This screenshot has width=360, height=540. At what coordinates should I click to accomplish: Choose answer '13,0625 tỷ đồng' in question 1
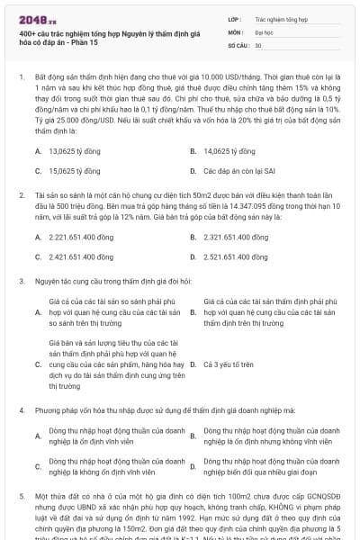[x=73, y=151]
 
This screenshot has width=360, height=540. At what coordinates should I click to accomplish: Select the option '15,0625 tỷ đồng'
[x=73, y=169]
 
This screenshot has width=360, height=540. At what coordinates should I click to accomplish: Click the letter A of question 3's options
[x=38, y=311]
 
